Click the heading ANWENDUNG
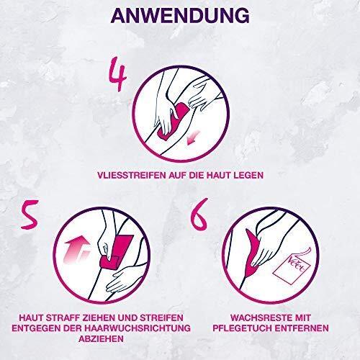pos(180,16)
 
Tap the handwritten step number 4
pos(117,77)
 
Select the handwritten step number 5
pos(30,215)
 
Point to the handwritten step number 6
pos(199,214)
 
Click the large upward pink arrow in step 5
pos(77,252)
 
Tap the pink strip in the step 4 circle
pos(174,120)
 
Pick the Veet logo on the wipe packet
pos(297,265)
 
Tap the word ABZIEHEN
pos(102,339)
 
